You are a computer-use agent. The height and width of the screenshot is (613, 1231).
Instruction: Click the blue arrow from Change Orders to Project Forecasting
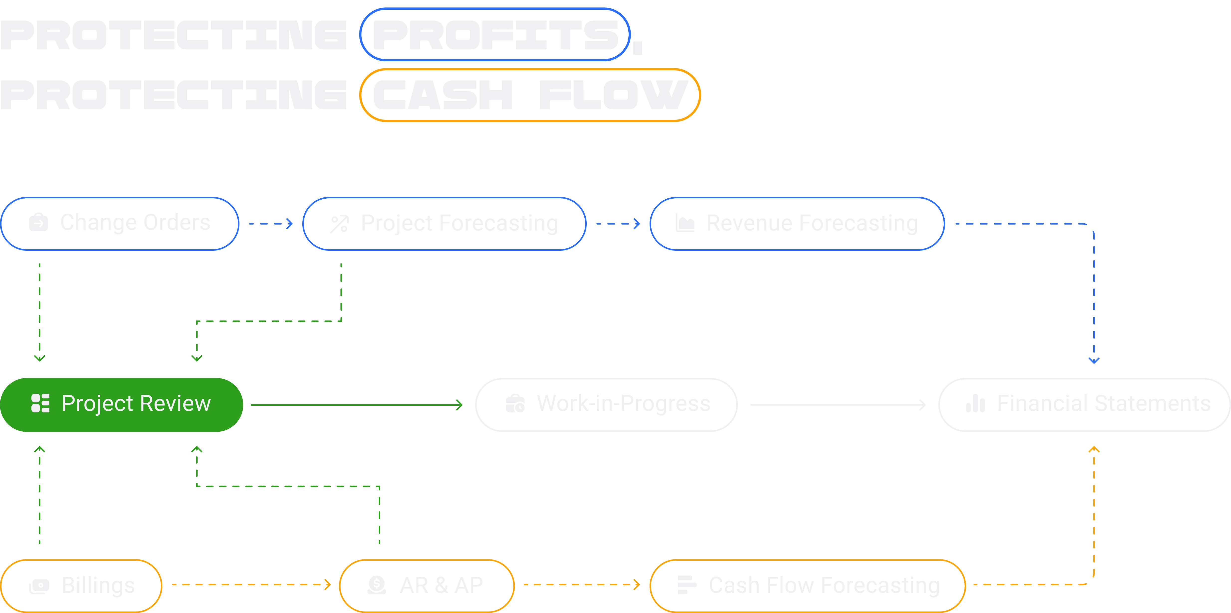click(x=270, y=223)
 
